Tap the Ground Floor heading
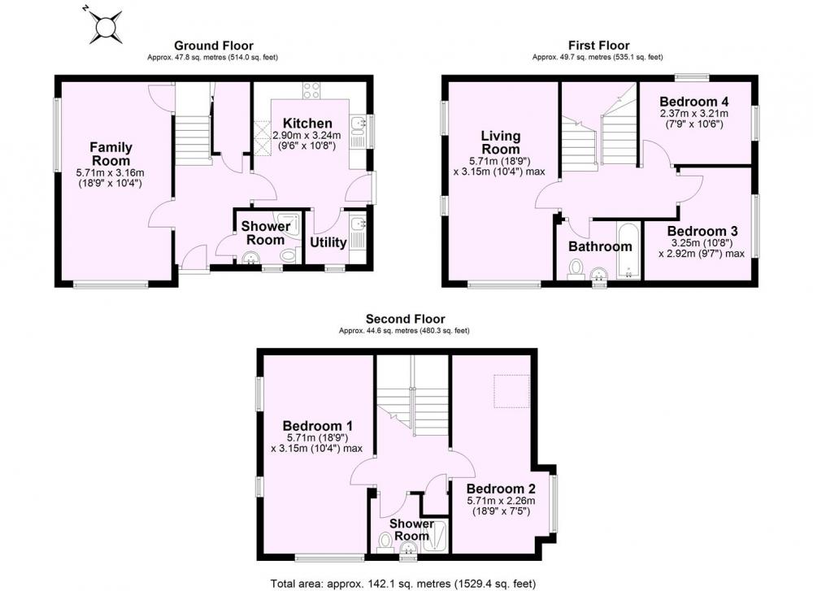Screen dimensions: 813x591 tap(214, 46)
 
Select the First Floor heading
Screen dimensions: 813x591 tap(599, 46)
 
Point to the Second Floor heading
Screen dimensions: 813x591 tap(405, 319)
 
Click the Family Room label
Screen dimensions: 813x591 tap(111, 154)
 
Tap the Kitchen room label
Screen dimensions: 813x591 tap(307, 124)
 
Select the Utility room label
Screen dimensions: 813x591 tap(328, 242)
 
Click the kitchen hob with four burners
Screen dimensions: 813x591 tap(311, 90)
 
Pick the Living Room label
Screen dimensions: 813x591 tap(500, 142)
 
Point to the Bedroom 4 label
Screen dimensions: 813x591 tap(693, 101)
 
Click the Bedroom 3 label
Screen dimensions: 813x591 tap(702, 231)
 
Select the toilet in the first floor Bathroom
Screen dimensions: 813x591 tap(576, 269)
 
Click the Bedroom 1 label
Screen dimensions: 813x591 tap(317, 426)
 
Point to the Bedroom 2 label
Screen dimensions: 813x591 tap(501, 489)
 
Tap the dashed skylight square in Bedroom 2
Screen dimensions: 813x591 tap(511, 391)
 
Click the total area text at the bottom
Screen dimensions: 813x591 tap(403, 584)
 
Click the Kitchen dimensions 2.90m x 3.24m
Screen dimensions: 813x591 tap(307, 136)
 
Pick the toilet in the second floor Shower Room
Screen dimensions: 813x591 tap(385, 542)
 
